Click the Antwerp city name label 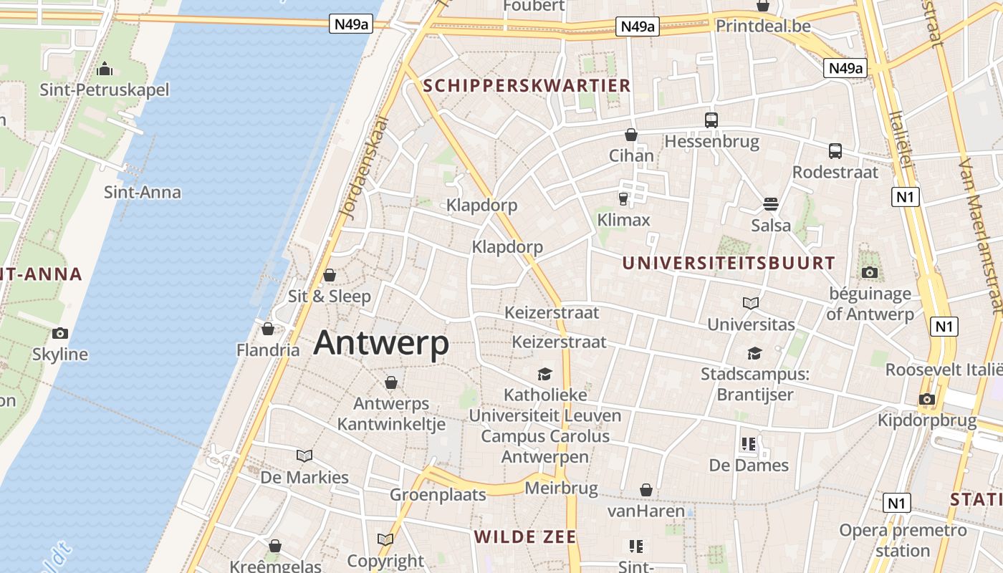(x=381, y=343)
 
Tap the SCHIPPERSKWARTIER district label (x=527, y=86)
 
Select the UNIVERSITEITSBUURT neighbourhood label (x=729, y=263)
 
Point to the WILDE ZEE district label (x=525, y=536)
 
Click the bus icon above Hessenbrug (x=711, y=120)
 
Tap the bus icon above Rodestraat (x=835, y=151)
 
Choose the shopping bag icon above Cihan (x=630, y=135)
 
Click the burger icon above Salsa (x=771, y=204)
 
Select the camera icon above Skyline (x=60, y=333)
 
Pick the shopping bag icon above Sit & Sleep (x=330, y=275)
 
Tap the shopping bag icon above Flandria (x=268, y=329)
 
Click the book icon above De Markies (x=304, y=456)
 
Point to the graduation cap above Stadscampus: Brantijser (x=754, y=353)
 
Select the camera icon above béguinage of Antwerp (x=870, y=272)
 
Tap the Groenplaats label (x=438, y=494)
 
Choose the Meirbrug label (x=561, y=488)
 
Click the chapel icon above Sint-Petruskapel (x=105, y=69)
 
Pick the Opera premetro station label (x=903, y=541)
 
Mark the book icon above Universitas (x=751, y=304)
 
